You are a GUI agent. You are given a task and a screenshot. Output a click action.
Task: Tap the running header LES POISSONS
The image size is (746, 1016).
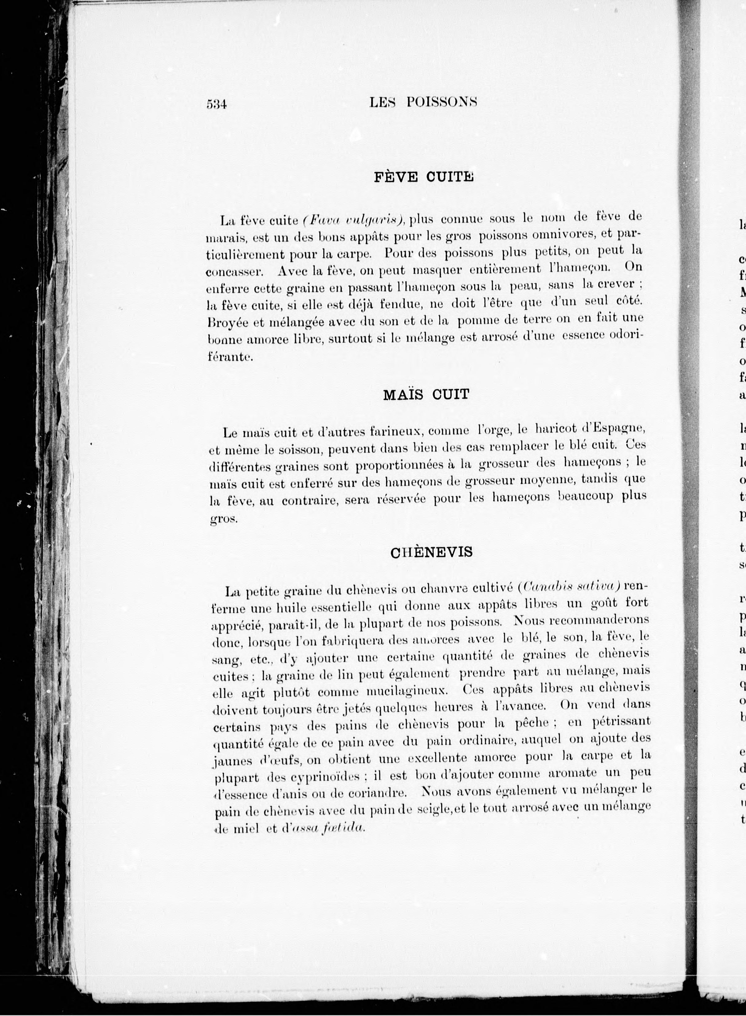point(423,102)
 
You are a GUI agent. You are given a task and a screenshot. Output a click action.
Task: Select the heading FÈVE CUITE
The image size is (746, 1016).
point(424,177)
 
